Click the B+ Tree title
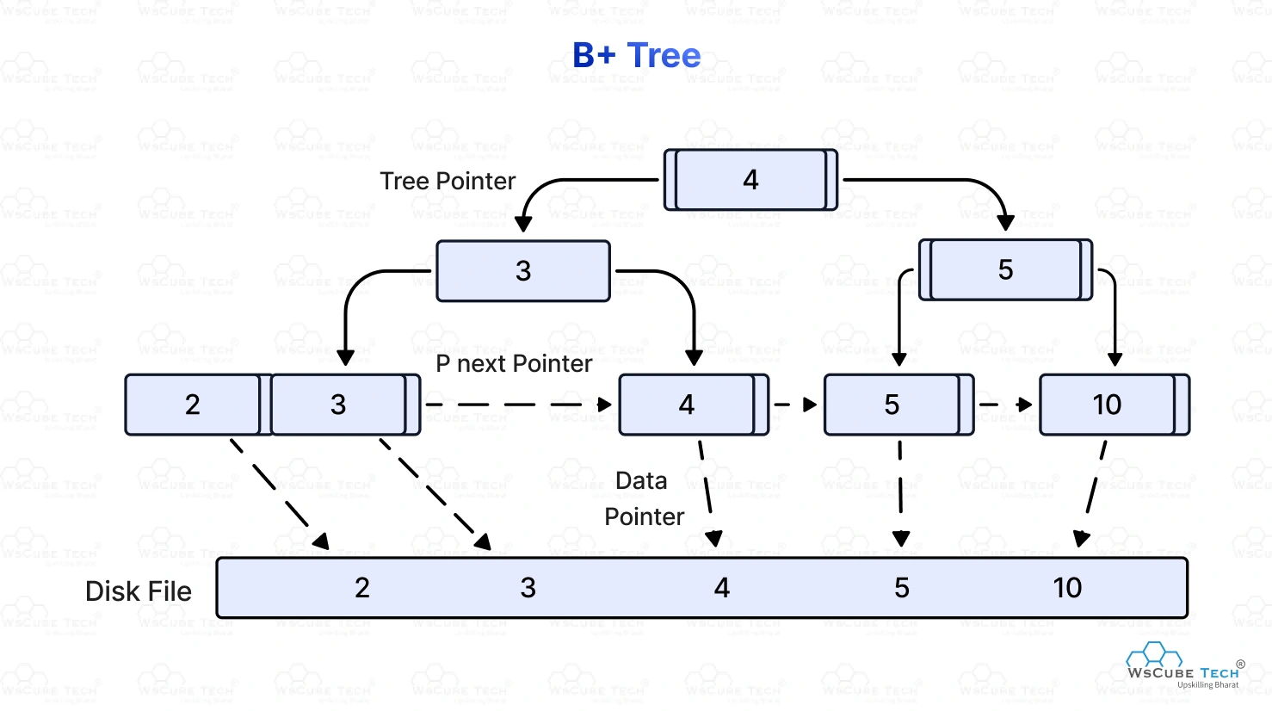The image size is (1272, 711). coord(636,55)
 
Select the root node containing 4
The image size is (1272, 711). coord(750,180)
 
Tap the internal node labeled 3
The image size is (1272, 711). coord(523,271)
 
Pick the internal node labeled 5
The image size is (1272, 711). coord(1005,270)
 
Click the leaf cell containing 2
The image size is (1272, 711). coord(193,405)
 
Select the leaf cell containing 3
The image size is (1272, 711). coord(338,405)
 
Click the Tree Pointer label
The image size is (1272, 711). coord(448,181)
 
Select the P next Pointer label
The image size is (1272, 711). coord(514,363)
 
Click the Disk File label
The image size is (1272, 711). coord(139,591)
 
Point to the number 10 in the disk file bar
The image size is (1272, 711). coord(1067,588)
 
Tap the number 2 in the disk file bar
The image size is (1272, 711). coord(362,588)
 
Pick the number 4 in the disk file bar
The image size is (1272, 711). coord(722,588)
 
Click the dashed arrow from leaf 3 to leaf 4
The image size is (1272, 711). coord(516,405)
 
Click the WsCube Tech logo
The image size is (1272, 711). coord(1183,665)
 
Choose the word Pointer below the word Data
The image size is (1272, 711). coord(644,516)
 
